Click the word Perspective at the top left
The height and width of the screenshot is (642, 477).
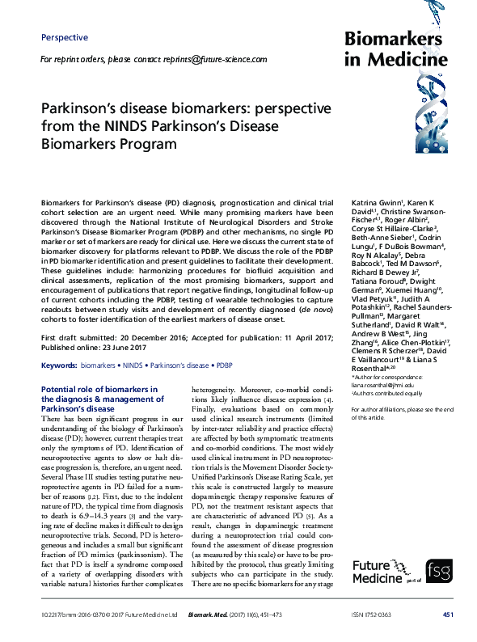pyautogui.click(x=64, y=37)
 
